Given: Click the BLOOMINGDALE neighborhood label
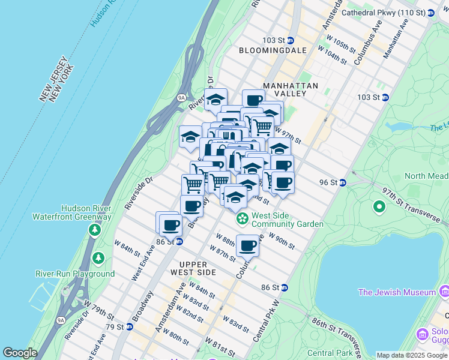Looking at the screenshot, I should pyautogui.click(x=273, y=51).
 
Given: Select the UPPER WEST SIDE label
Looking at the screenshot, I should pyautogui.click(x=193, y=269).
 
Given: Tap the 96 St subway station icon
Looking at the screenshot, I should pyautogui.click(x=342, y=182).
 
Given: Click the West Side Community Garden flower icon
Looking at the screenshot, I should pyautogui.click(x=242, y=218).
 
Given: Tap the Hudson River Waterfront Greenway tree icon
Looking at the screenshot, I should pyautogui.click(x=95, y=230).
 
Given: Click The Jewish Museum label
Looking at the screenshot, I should pyautogui.click(x=396, y=292).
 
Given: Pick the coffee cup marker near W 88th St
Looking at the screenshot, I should pyautogui.click(x=247, y=245).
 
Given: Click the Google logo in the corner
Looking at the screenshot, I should pyautogui.click(x=19, y=353).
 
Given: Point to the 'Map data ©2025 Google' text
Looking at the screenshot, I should pyautogui.click(x=412, y=355).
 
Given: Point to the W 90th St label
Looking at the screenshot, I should pyautogui.click(x=282, y=241).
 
